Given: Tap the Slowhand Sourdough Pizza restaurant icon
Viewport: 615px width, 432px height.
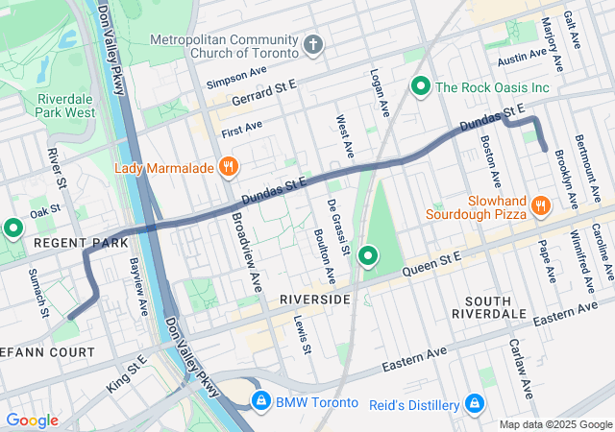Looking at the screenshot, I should (540, 204).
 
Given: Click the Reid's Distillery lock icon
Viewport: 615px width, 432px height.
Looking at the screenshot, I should (474, 403).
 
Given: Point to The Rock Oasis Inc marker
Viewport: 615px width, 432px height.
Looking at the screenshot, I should (420, 87).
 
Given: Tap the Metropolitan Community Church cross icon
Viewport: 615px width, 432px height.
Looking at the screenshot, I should (313, 45).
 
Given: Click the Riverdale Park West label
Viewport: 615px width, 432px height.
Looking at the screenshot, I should (66, 106).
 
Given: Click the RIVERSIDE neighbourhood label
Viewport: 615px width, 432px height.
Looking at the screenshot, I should (315, 300).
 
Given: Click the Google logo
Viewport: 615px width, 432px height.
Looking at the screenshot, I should (32, 420).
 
